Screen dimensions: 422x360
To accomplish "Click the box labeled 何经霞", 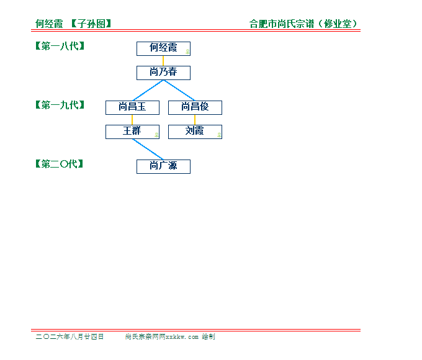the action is tap(163, 49).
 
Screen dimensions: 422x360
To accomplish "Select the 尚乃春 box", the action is tap(163, 73).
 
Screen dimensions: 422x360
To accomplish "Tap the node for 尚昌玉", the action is tap(132, 108).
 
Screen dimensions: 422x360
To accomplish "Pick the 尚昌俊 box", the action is tap(195, 108).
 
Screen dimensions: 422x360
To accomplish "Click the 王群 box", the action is tap(132, 132).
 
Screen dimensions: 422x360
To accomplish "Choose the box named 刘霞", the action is tap(195, 132).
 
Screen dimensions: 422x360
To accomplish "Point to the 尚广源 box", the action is tap(163, 167).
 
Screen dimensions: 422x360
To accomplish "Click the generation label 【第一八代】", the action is tap(60, 46).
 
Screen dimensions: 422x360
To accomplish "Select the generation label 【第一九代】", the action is tap(60, 105).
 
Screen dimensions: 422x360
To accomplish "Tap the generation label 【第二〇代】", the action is tap(59, 164).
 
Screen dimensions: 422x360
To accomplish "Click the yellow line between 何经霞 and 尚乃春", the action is tap(163, 61).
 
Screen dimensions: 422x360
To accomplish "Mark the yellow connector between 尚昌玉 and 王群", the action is tap(132, 120).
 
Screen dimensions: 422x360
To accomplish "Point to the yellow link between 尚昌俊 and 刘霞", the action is tap(195, 120).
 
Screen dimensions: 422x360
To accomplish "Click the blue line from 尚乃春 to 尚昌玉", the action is tap(148, 91).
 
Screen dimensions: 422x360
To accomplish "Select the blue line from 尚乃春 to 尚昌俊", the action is tap(179, 91).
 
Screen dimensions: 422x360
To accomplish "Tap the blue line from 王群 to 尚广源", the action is tap(148, 150).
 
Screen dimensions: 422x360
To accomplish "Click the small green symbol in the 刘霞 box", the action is tap(219, 135).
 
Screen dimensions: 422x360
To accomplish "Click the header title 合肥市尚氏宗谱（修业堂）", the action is tap(303, 24).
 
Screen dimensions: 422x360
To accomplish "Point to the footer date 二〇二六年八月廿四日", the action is tap(70, 336).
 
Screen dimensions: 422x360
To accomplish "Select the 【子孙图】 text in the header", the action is tap(91, 24).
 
